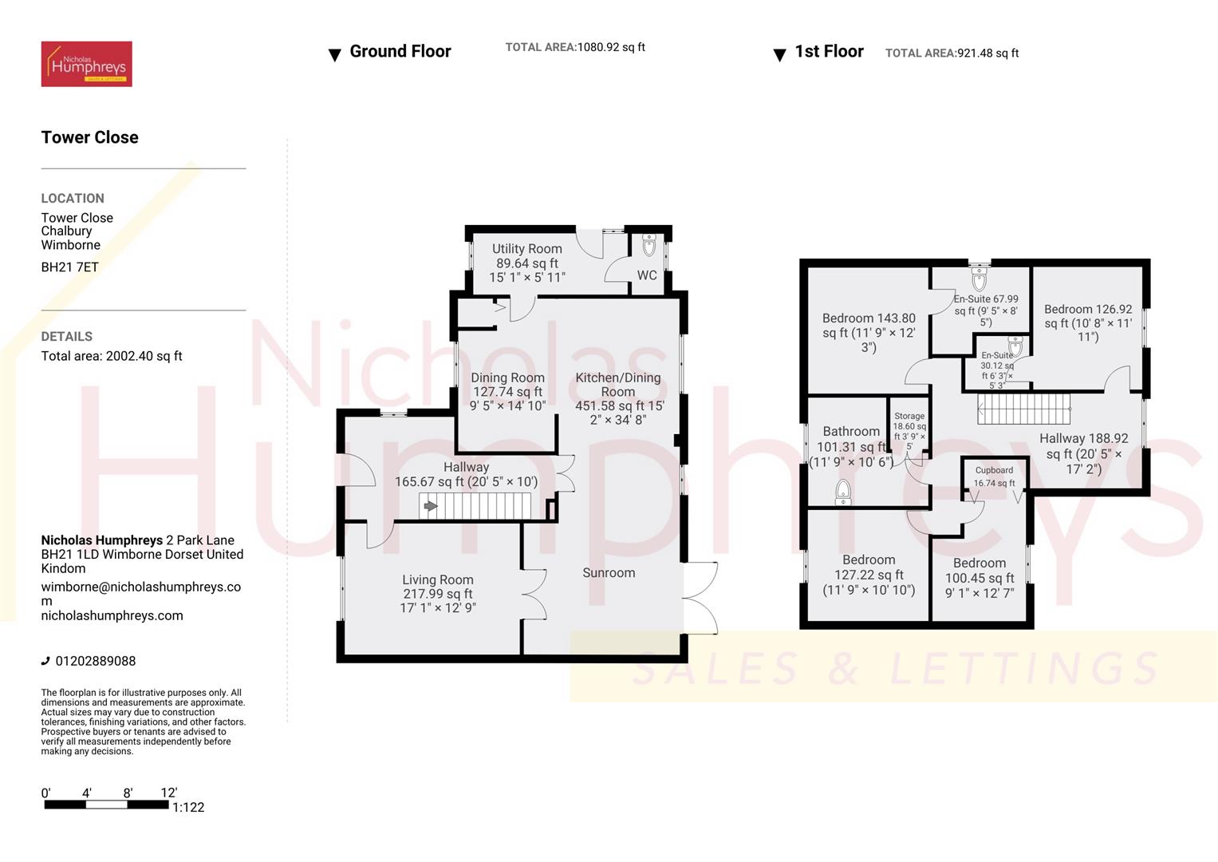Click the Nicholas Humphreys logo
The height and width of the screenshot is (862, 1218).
pyautogui.click(x=86, y=64)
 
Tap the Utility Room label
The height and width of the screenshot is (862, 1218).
pyautogui.click(x=526, y=249)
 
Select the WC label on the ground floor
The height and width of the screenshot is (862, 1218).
pyautogui.click(x=647, y=275)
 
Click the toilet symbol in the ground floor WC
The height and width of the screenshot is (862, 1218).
pyautogui.click(x=648, y=244)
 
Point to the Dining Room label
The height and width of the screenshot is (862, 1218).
pyautogui.click(x=507, y=378)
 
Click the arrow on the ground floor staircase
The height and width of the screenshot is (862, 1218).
pyautogui.click(x=431, y=506)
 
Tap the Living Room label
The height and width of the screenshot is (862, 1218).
pyautogui.click(x=437, y=580)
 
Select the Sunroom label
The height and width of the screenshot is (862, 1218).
pyautogui.click(x=609, y=573)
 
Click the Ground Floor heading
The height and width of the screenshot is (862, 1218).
pyautogui.click(x=400, y=52)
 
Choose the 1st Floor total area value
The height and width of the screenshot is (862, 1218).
pyautogui.click(x=987, y=53)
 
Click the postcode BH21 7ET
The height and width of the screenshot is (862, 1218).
pyautogui.click(x=69, y=267)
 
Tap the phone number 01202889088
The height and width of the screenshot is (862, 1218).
pyautogui.click(x=95, y=661)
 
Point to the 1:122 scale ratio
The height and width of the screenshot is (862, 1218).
pyautogui.click(x=188, y=808)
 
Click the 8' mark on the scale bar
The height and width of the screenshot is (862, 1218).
pyautogui.click(x=128, y=793)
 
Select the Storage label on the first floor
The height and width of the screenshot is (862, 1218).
pyautogui.click(x=909, y=416)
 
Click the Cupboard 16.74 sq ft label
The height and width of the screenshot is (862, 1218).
pyautogui.click(x=994, y=476)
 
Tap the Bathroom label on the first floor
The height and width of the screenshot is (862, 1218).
pyautogui.click(x=851, y=432)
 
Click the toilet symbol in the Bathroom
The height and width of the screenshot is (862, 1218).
pyautogui.click(x=843, y=492)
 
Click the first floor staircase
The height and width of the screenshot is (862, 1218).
pyautogui.click(x=1023, y=409)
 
